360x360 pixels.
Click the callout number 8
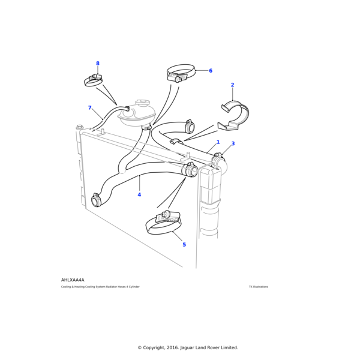(x=98, y=64)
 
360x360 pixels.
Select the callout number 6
(x=211, y=71)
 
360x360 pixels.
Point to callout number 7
(x=90, y=108)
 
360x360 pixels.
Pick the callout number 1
(x=218, y=142)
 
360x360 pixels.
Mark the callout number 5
(x=184, y=245)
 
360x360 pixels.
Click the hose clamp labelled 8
(x=94, y=80)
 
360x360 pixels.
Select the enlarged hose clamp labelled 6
(x=180, y=74)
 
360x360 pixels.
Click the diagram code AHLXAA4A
(x=73, y=280)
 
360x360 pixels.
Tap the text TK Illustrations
(x=259, y=287)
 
